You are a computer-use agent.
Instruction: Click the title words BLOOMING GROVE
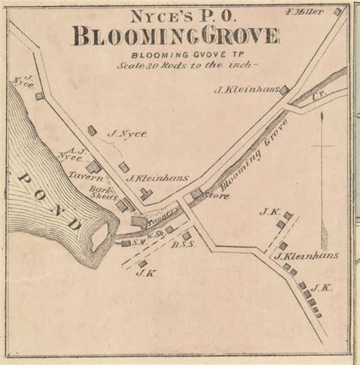pyautogui.click(x=175, y=35)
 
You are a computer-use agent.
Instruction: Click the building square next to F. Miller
pyautogui.click(x=337, y=11)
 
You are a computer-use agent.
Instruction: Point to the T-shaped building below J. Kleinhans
pyautogui.click(x=146, y=194)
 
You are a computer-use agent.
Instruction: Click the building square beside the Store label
pyautogui.click(x=196, y=193)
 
